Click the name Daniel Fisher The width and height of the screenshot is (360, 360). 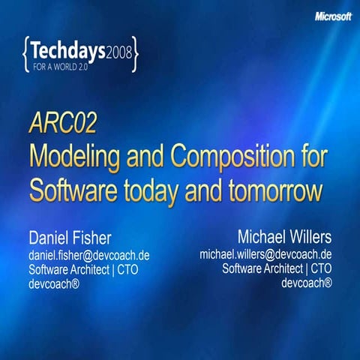coord(70,238)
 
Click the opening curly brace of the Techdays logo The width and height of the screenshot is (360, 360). coord(27,53)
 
